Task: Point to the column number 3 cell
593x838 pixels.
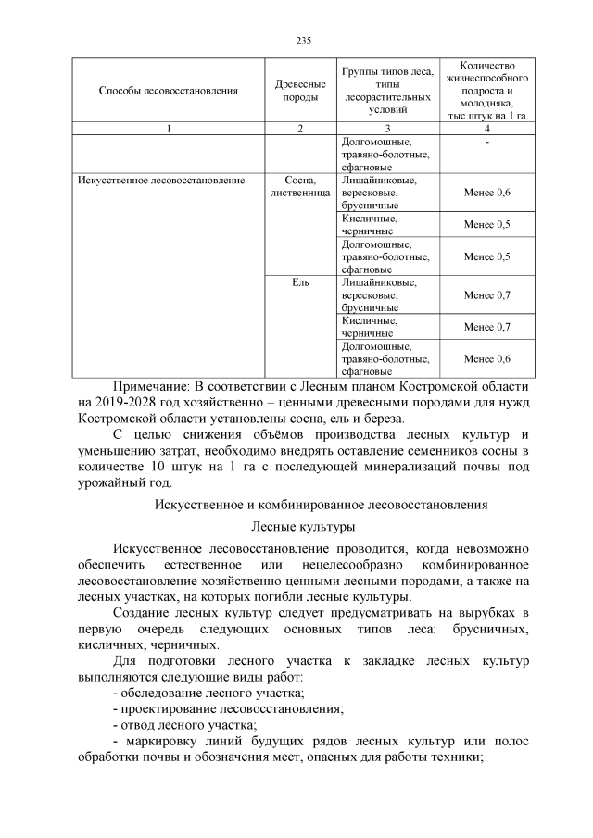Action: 387,129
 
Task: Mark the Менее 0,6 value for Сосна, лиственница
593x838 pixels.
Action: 487,193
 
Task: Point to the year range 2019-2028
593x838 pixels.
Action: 131,401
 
